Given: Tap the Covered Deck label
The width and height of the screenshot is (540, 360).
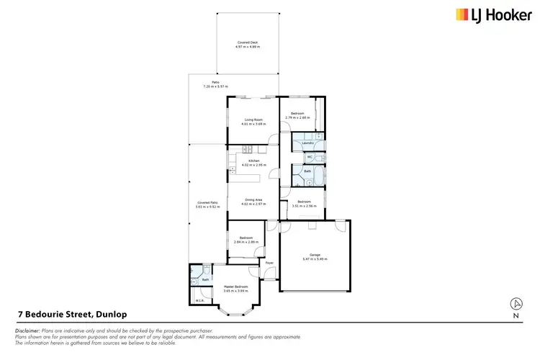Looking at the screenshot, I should point(248,45).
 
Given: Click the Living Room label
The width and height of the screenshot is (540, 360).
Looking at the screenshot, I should point(253,122).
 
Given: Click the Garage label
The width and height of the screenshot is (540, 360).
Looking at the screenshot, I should point(315,256).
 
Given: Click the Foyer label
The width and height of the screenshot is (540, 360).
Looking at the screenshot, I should point(269,264).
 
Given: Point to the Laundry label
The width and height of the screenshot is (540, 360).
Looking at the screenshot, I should point(307,143).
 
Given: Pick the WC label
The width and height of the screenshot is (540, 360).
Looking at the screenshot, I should point(310,156).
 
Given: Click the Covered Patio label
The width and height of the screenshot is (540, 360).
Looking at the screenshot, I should point(208,204).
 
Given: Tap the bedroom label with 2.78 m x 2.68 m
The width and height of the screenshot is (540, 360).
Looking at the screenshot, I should point(297,115).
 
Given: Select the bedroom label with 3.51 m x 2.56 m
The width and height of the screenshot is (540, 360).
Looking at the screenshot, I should point(305,203).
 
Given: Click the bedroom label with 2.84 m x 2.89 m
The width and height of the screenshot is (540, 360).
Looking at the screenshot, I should point(245,240).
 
